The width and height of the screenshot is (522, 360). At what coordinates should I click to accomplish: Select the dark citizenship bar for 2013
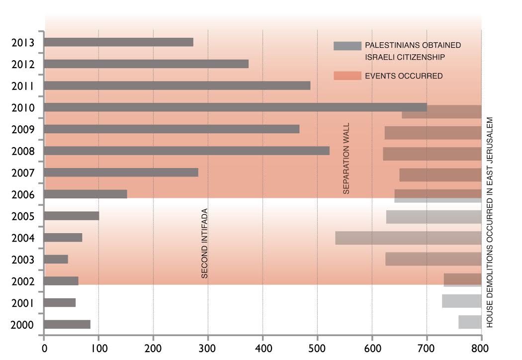118,42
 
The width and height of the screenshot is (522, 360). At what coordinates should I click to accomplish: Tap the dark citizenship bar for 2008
186,151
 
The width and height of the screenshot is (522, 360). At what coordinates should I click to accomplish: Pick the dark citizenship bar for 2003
56,259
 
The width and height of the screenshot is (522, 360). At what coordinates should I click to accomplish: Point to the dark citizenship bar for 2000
67,325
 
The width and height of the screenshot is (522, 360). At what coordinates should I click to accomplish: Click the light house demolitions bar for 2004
408,238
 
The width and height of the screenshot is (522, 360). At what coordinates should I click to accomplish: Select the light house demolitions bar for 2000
469,322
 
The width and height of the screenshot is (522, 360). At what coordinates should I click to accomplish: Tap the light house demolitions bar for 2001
461,301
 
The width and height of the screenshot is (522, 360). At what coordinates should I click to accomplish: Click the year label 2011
22,86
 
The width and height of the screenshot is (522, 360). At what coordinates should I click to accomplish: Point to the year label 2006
22,194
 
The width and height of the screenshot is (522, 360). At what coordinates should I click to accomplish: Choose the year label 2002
22,281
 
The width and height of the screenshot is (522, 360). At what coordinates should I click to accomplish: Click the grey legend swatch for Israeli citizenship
347,46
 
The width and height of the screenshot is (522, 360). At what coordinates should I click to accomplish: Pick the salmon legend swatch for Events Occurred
347,76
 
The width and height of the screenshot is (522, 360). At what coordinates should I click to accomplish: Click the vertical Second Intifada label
204,243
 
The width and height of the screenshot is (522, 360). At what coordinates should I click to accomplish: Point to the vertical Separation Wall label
347,158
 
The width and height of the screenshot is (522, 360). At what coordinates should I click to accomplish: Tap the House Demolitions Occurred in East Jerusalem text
490,222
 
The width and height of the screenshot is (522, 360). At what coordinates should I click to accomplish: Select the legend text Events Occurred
404,76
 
